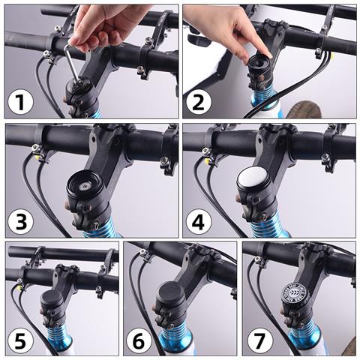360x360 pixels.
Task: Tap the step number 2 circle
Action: pos(198,100)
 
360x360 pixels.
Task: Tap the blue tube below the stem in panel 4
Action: pos(270,225)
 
